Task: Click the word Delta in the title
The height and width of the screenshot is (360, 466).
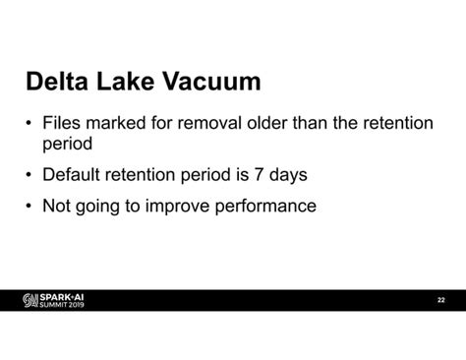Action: click(x=60, y=81)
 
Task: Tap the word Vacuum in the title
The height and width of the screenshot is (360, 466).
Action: click(x=215, y=81)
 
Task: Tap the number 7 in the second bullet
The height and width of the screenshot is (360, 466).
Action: click(x=261, y=175)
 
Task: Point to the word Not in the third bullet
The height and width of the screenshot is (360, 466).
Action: click(x=56, y=207)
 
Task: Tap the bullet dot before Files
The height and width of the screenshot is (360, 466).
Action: click(x=29, y=125)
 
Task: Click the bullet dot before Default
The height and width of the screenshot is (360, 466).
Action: click(x=29, y=176)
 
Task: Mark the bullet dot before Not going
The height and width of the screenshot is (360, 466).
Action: click(x=29, y=208)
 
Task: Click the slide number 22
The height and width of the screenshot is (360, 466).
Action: click(x=441, y=300)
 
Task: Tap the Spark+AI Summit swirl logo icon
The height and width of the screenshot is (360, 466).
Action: click(x=30, y=300)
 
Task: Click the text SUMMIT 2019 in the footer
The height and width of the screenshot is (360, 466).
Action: click(x=62, y=305)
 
